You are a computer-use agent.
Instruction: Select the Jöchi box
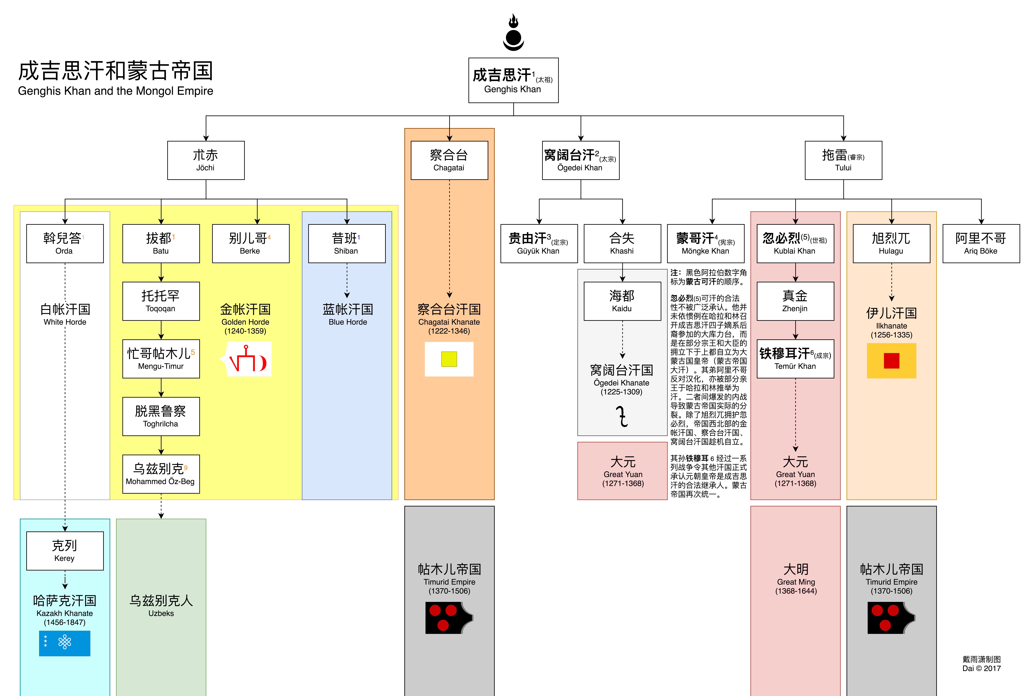[x=206, y=160]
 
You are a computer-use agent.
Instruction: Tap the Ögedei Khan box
[x=580, y=160]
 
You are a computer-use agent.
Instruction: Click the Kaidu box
[x=622, y=301]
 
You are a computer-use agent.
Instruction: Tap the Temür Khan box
[x=795, y=359]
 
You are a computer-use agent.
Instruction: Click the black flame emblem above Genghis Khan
[x=513, y=32]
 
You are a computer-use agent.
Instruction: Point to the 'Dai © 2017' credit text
[x=981, y=668]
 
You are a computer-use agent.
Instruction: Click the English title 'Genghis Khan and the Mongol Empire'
[x=115, y=91]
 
